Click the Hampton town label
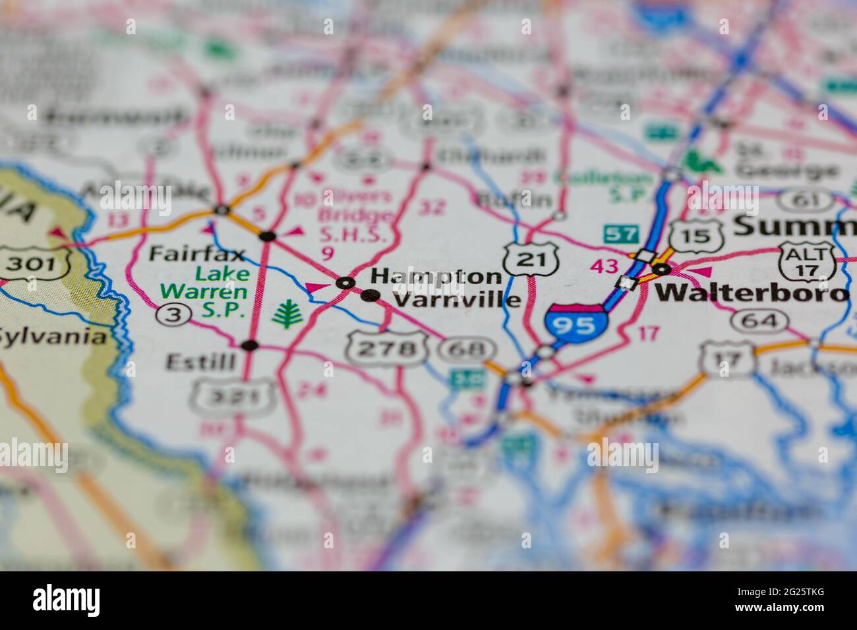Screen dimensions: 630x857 pos(436,276)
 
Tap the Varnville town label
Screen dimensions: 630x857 pos(456,300)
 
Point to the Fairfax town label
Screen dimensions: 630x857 pos(196,253)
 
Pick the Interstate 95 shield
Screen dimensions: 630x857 pos(576,324)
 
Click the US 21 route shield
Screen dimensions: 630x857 pos(532,258)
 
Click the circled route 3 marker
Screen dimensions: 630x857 pos(173,316)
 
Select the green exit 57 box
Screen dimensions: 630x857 pos(621,233)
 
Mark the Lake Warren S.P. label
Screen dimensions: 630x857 pos(205,291)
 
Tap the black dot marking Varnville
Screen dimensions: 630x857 pos(371,296)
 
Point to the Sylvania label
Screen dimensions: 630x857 pos(53,337)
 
